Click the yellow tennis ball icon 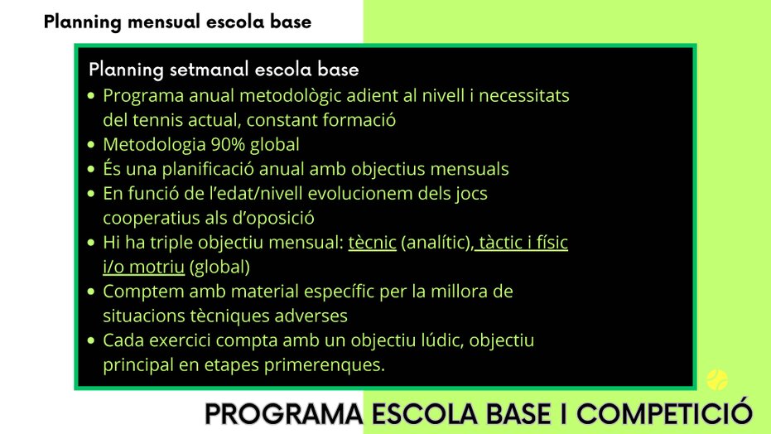[x=717, y=379]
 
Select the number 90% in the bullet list [x=228, y=144]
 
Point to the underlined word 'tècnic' [x=372, y=243]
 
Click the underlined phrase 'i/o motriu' [x=143, y=267]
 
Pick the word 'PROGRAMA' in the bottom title [x=284, y=414]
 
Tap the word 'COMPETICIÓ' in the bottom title [x=664, y=414]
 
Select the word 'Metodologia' [x=154, y=144]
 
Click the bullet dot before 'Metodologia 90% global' [x=91, y=145]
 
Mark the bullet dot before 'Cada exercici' [x=91, y=340]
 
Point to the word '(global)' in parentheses [x=219, y=267]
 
